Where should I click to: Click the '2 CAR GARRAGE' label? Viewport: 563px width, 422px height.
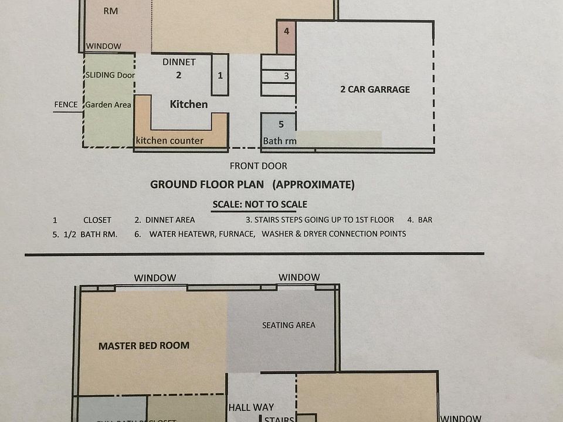[x=375, y=90]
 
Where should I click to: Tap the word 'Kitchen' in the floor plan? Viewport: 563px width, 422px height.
[x=189, y=104]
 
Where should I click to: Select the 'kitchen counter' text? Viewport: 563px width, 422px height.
[x=169, y=141]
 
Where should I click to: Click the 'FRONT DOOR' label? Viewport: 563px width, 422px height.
[x=258, y=166]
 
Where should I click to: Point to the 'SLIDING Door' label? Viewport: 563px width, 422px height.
[x=110, y=75]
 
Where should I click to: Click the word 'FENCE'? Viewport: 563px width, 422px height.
[x=66, y=105]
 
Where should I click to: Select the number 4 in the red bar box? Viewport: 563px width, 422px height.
[x=286, y=32]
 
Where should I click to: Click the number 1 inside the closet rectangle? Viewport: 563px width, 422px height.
[x=220, y=75]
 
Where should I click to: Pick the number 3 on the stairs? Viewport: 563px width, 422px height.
[x=286, y=76]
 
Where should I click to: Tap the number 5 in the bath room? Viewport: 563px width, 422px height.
[x=281, y=124]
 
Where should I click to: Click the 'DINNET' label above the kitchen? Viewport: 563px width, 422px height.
[x=179, y=62]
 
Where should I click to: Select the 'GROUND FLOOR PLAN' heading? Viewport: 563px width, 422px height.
[x=208, y=185]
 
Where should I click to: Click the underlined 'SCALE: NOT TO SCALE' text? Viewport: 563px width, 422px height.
[x=259, y=205]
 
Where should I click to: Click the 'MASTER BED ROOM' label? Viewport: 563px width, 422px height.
[x=144, y=346]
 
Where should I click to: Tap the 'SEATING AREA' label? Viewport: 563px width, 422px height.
[x=289, y=325]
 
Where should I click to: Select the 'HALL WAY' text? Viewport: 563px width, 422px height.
[x=251, y=407]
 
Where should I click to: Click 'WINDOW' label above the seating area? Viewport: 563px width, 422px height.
[x=299, y=277]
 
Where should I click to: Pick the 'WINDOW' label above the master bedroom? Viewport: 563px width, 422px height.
[x=155, y=278]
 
